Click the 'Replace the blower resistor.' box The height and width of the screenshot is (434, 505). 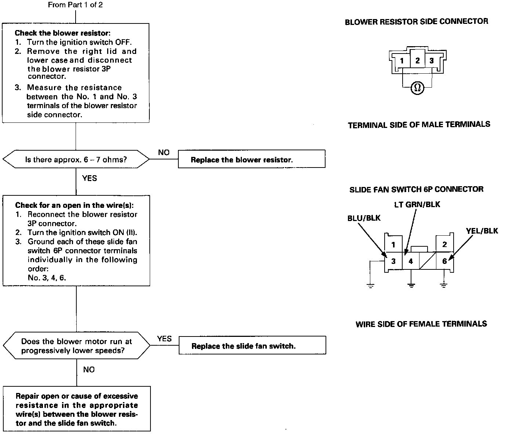(251, 159)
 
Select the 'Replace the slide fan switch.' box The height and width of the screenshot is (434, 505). (252, 345)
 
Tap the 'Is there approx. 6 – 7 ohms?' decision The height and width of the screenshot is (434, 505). (76, 159)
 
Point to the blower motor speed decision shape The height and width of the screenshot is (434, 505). (76, 346)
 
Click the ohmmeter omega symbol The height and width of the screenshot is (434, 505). (417, 88)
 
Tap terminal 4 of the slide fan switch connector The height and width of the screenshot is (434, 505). (411, 261)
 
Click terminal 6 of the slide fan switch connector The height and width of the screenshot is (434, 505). (444, 261)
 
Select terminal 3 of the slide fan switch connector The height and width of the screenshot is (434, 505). (393, 261)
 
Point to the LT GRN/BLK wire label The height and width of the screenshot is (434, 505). (417, 205)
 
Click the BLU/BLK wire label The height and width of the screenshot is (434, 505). (364, 218)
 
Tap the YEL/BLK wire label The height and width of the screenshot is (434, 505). (482, 231)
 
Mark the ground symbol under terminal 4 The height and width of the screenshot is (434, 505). (411, 285)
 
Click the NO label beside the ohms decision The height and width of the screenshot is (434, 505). (164, 152)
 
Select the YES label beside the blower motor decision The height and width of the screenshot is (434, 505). (164, 339)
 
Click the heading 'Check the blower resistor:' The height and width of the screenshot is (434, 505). (62, 33)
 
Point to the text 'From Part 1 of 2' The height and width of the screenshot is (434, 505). (75, 5)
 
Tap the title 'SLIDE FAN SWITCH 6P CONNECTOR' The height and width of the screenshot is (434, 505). (416, 189)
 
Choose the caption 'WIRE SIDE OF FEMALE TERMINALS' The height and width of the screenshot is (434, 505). (421, 324)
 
